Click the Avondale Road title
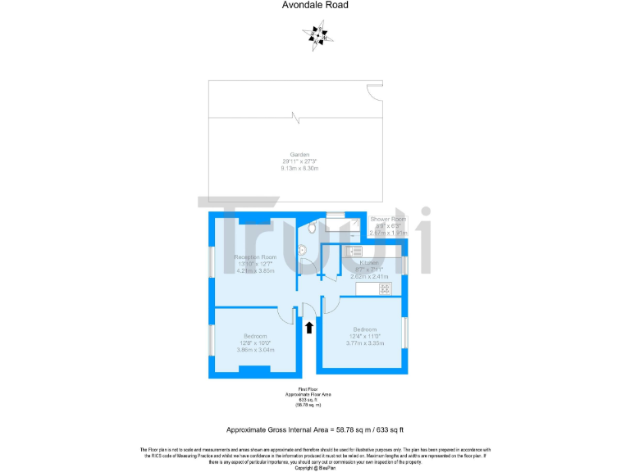pyautogui.click(x=314, y=5)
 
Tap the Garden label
pyautogui.click(x=299, y=154)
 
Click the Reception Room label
pyautogui.click(x=255, y=257)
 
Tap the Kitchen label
pyautogui.click(x=363, y=263)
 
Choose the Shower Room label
pyautogui.click(x=388, y=220)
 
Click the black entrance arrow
pyautogui.click(x=309, y=328)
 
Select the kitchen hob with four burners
pyautogui.click(x=384, y=288)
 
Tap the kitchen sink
pyautogui.click(x=354, y=250)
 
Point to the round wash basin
pyautogui.click(x=301, y=251)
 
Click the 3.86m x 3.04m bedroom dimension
pyautogui.click(x=254, y=350)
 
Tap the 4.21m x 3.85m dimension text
pyautogui.click(x=255, y=270)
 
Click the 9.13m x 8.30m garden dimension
pyautogui.click(x=299, y=168)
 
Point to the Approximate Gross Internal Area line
pyautogui.click(x=315, y=429)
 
